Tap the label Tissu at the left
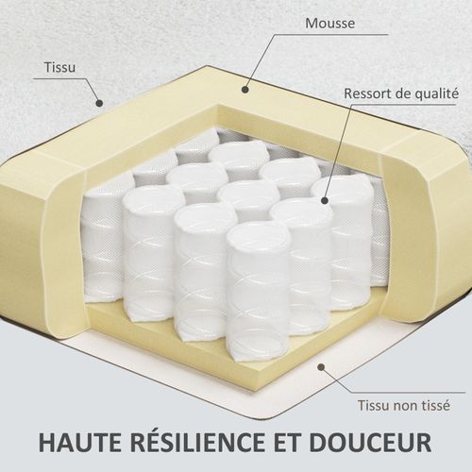click(59, 68)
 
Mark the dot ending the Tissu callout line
click(97, 100)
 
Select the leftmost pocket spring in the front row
click(154, 250)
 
